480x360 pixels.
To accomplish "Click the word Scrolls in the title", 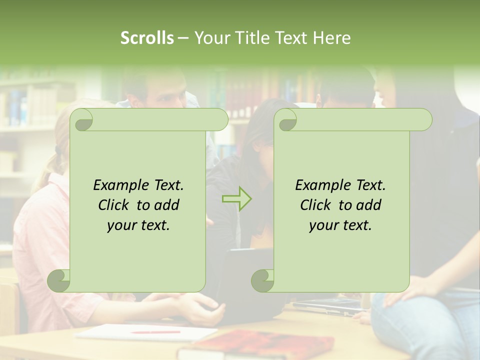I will click(147, 38).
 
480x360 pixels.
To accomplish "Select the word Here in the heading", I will click(332, 38).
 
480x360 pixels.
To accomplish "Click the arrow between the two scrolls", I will click(237, 198).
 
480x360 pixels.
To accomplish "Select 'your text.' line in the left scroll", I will click(138, 225).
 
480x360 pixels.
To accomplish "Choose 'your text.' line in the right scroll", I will click(340, 225).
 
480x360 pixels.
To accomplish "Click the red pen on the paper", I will click(155, 331).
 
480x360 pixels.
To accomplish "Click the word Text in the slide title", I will click(290, 38).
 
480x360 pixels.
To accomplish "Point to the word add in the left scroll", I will click(167, 205).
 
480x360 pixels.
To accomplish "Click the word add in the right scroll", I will click(369, 205).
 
